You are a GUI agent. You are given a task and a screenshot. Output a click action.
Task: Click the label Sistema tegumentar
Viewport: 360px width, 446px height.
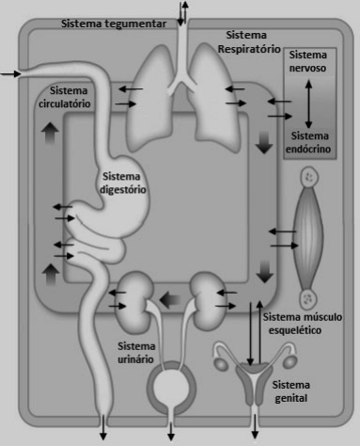[x=114, y=24]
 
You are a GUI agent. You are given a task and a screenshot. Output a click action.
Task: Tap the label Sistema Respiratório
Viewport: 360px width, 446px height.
[x=249, y=42]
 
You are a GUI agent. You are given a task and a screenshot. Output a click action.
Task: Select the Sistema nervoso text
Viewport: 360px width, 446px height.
[x=307, y=61]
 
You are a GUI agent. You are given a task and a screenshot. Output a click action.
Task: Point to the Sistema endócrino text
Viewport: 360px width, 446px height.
[x=308, y=142]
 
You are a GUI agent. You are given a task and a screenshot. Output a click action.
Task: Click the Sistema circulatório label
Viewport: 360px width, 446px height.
[x=65, y=97]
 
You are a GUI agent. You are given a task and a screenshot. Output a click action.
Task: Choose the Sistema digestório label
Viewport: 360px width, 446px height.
[x=123, y=183]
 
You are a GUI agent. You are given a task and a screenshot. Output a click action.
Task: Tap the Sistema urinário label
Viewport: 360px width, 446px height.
[x=136, y=353]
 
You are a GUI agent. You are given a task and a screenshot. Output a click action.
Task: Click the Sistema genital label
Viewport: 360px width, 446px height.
[x=290, y=391]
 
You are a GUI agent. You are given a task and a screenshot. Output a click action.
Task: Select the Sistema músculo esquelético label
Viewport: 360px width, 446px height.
[x=302, y=324]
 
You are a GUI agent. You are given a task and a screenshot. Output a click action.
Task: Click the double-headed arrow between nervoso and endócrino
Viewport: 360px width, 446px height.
[x=308, y=104]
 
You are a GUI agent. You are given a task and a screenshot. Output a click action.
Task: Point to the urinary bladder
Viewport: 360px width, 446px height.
[x=171, y=387]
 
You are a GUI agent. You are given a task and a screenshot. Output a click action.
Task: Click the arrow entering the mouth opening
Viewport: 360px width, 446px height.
[x=10, y=74]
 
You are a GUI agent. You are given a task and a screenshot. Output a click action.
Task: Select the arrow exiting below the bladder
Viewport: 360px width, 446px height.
[x=171, y=432]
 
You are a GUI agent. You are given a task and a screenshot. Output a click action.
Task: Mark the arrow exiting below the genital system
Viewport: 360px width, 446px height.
[x=255, y=426]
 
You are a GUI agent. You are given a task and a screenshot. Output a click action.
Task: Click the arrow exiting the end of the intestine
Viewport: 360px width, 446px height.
[x=103, y=427]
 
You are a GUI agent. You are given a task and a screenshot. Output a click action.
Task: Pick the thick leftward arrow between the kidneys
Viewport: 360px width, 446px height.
[x=170, y=300]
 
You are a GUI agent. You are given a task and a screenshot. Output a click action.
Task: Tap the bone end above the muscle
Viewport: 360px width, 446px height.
[x=309, y=178]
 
